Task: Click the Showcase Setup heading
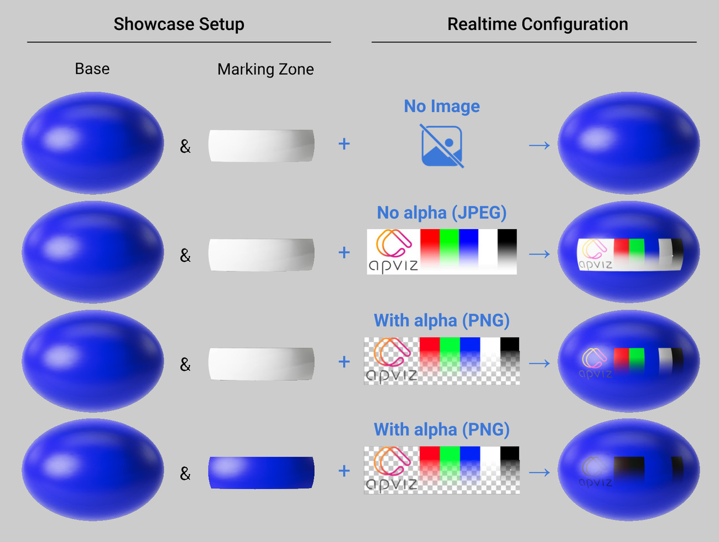tap(179, 24)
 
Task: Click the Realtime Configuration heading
tap(537, 24)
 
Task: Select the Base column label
tap(92, 69)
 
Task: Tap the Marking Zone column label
tap(265, 69)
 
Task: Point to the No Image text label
tap(441, 106)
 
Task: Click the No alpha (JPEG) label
tap(441, 212)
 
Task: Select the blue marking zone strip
tap(261, 472)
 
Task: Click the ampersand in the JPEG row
tap(185, 255)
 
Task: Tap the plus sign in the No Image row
tap(344, 144)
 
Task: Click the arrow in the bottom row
tap(539, 472)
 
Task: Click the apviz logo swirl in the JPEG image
tap(393, 244)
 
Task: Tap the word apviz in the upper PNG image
tap(391, 375)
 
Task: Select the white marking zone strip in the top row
tap(261, 146)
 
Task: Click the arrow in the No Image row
tap(539, 145)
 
